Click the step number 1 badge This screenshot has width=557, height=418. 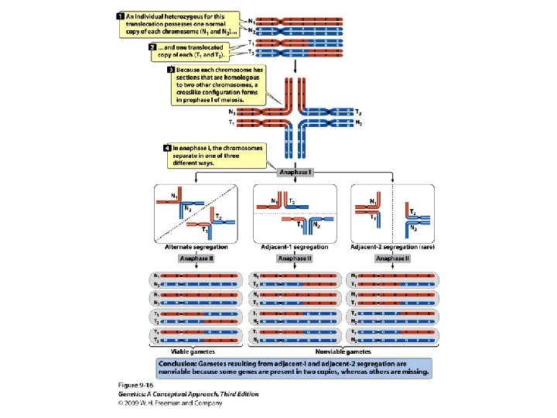121,15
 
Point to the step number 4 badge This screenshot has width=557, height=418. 167,148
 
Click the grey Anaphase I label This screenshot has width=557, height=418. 295,172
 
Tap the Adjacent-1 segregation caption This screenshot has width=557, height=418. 294,247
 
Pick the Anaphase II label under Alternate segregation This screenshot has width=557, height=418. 196,258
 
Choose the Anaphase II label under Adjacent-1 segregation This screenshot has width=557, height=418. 294,258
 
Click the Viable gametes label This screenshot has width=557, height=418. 196,351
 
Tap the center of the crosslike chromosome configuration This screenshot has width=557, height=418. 295,117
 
